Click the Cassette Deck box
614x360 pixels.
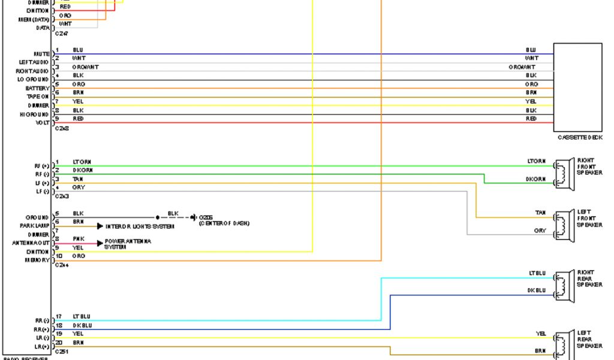(577, 87)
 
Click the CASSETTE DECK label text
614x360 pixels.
(580, 137)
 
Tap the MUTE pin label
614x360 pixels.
(41, 54)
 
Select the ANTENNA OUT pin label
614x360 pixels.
(31, 243)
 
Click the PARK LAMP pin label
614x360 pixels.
(35, 226)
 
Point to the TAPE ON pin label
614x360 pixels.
(37, 97)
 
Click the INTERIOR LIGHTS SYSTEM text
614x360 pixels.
(140, 227)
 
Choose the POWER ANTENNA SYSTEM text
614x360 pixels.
(128, 244)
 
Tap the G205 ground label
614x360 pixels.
(206, 217)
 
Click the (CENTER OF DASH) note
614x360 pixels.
(224, 223)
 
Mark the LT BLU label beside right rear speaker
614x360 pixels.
(537, 273)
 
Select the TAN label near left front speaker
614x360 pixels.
(540, 213)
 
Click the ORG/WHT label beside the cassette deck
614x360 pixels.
(522, 67)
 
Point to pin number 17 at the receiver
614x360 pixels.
(59, 317)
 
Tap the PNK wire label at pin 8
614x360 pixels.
(79, 239)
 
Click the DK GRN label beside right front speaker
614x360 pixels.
(536, 179)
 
